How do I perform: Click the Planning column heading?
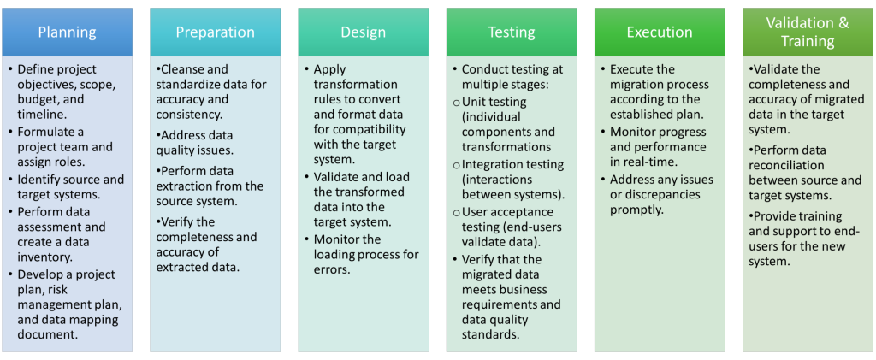[67, 32]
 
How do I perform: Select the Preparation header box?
[215, 32]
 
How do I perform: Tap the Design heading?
[363, 32]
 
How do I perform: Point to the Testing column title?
[512, 32]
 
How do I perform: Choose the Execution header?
[660, 32]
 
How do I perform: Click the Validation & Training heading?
[808, 32]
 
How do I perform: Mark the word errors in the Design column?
[332, 269]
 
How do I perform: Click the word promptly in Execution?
[636, 210]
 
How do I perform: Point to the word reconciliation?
[785, 165]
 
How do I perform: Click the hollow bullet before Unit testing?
[457, 103]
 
